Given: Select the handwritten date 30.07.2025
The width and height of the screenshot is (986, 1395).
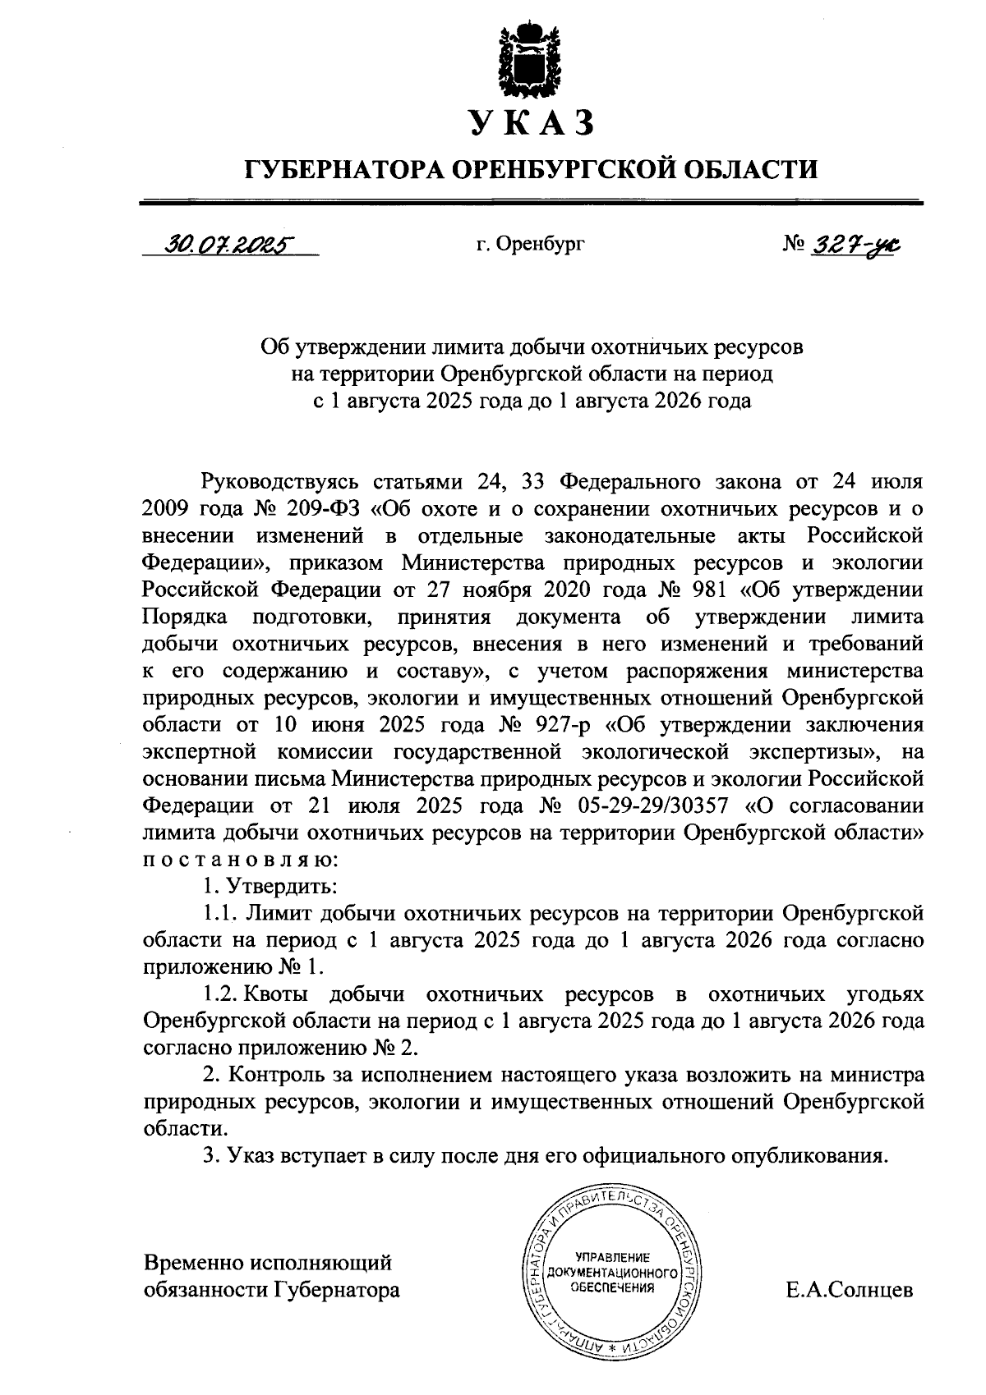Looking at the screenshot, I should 229,244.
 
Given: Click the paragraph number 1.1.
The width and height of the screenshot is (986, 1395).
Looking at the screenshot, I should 220,913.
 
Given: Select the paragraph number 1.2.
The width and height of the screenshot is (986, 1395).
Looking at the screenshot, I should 220,994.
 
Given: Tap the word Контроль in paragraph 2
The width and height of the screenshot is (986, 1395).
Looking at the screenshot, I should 279,1075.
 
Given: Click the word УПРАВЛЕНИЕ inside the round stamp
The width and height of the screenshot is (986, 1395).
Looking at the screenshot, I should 613,1255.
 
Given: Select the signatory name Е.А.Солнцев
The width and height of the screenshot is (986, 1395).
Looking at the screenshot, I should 850,1289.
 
